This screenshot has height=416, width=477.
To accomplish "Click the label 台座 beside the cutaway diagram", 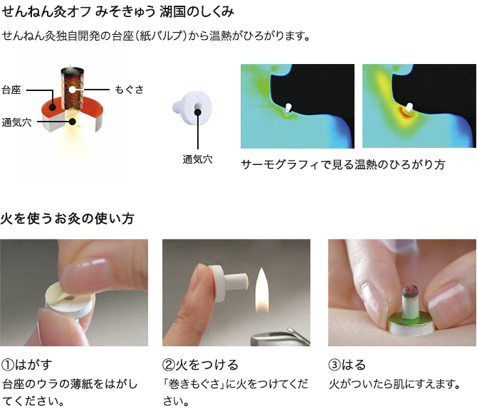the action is coord(11,90).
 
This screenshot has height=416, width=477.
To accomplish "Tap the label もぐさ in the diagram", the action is coord(129,90).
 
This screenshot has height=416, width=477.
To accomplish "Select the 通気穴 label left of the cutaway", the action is coord(16,122).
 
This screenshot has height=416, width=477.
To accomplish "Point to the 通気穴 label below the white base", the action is coord(197,159).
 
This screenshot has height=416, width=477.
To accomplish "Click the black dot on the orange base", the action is coord(52,107).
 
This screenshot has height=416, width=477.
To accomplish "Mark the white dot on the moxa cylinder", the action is coord(72,90).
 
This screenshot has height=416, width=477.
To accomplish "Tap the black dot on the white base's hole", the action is coord(198,112).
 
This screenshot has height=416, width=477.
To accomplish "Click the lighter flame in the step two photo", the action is coord(262,291).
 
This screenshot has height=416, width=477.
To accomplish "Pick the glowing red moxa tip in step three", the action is coord(409,290).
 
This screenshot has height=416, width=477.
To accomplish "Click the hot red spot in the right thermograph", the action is coord(407,112).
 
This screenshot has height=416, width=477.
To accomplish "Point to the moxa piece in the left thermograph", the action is coord(288,107).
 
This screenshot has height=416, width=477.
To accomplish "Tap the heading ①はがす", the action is coord(27,365).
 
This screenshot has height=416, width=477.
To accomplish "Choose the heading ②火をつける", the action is coord(200,365).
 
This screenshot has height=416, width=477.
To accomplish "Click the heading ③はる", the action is coord(347,365).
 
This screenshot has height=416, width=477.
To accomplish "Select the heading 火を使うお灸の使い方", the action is coord(67,218).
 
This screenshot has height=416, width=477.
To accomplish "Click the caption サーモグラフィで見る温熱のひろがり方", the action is coord(343,164).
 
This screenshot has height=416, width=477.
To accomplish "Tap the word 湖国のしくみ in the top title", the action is coord(196,12).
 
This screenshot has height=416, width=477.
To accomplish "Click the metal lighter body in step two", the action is coord(280,337).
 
